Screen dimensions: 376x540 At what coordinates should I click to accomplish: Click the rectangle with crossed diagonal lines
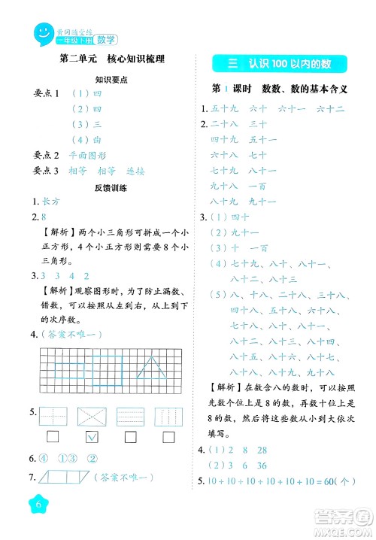click(92, 416)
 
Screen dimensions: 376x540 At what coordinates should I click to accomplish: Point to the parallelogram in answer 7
click(54, 476)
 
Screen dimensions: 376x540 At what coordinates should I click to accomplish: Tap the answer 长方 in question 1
click(50, 202)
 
